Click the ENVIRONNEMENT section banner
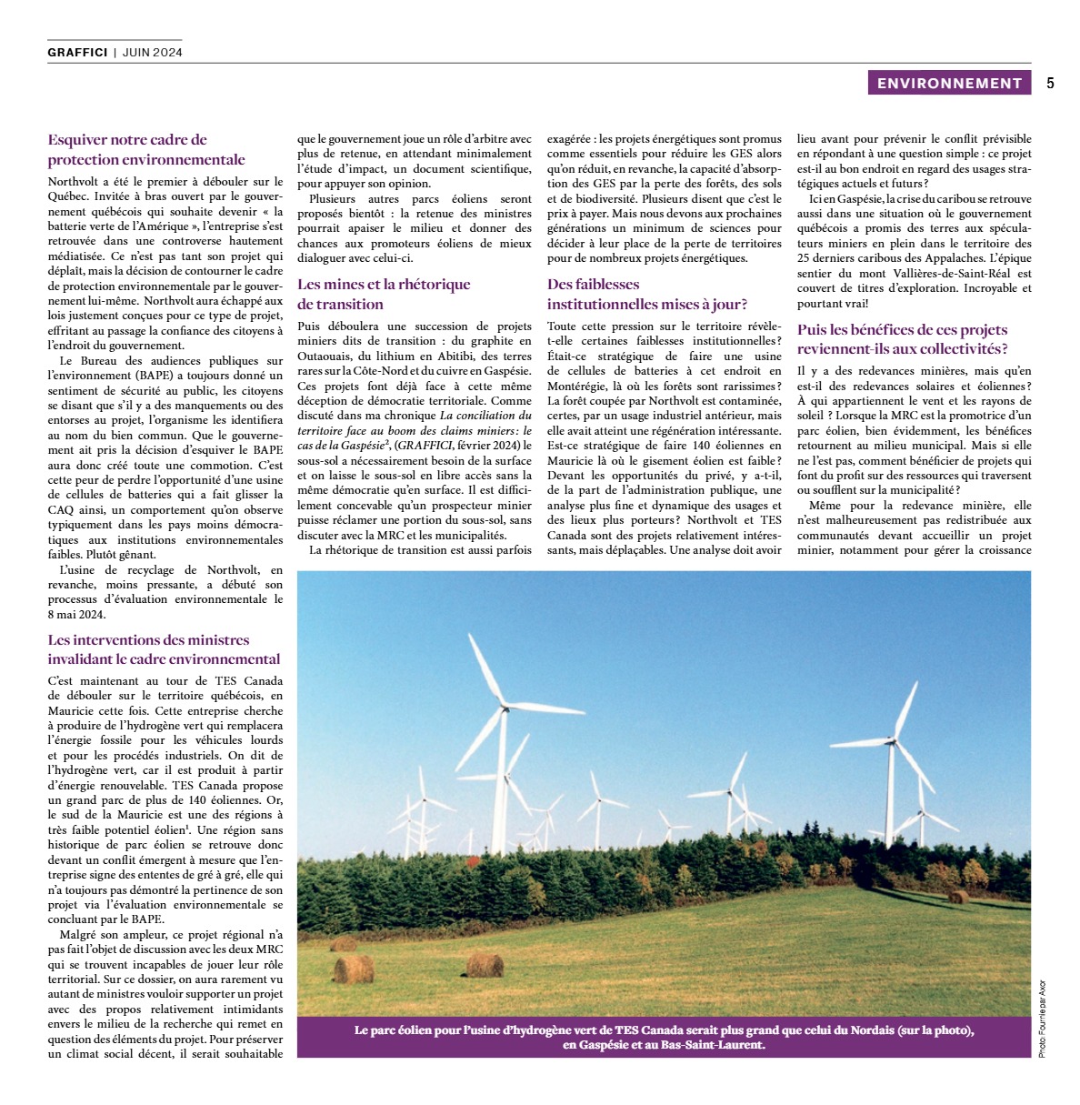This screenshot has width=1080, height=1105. coord(949,83)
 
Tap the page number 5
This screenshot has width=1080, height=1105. coord(1050,83)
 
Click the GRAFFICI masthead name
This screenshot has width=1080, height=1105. coord(77,52)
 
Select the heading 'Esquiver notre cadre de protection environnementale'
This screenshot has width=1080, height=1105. coord(145,149)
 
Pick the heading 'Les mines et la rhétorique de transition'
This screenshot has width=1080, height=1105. coord(384,294)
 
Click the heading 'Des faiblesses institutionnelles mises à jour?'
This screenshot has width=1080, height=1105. coord(646,294)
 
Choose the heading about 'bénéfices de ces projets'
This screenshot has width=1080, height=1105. coord(902,339)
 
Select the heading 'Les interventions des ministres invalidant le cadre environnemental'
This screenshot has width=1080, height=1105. coord(164,649)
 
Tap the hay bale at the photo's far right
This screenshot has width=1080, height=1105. coord(957,897)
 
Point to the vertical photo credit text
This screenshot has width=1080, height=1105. coord(1041,1017)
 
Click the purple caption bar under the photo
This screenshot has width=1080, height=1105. coord(664,1038)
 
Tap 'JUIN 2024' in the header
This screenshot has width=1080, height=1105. coord(152,52)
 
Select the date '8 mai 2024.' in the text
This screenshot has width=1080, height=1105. coord(76,614)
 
